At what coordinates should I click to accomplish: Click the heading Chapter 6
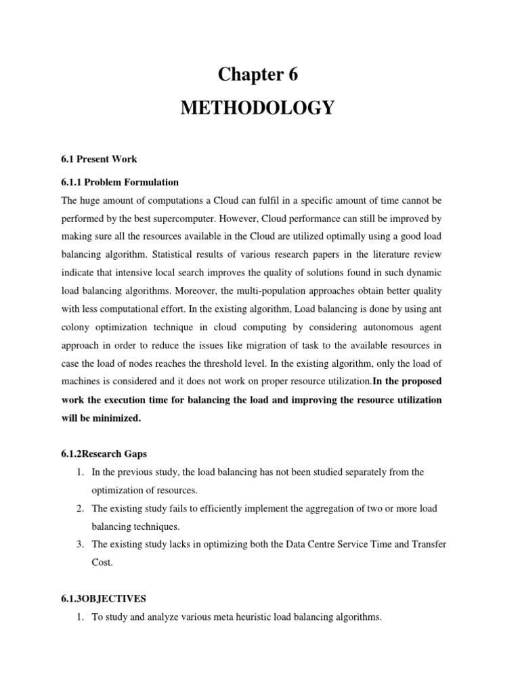click(x=257, y=75)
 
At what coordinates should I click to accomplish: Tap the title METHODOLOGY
click(x=257, y=108)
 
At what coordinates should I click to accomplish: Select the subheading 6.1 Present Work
click(x=99, y=159)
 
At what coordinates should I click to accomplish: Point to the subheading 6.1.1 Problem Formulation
click(x=120, y=182)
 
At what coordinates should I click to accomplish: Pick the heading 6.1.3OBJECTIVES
click(x=104, y=598)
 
